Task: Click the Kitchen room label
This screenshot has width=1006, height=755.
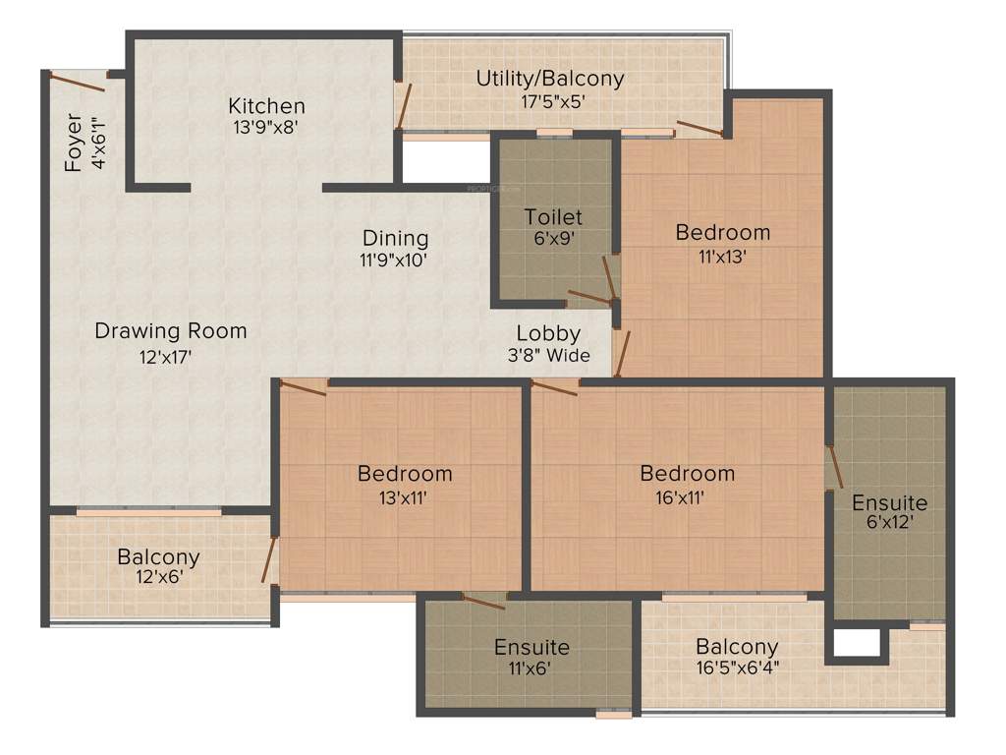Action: [266, 105]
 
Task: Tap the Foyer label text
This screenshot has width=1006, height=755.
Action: [74, 144]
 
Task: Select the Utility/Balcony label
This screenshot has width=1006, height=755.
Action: [549, 78]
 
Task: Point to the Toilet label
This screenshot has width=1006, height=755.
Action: [553, 216]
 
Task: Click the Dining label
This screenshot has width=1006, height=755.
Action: [395, 238]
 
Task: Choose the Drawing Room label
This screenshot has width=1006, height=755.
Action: [170, 331]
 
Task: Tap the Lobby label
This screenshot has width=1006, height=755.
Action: [548, 333]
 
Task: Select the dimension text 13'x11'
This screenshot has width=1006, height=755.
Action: [405, 496]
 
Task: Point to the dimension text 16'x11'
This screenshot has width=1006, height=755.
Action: [687, 496]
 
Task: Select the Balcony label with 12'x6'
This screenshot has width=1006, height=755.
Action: [158, 557]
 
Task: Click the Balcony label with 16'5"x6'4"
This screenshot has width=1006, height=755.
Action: [737, 647]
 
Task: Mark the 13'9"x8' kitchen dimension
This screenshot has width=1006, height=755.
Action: [266, 128]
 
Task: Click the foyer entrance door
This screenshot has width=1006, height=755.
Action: [79, 82]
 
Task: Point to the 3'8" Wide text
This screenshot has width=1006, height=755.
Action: [548, 356]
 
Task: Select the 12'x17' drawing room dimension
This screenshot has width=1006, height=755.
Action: [170, 356]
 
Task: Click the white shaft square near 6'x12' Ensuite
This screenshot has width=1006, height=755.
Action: [856, 642]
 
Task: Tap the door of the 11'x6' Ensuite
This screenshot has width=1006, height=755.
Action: [482, 602]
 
